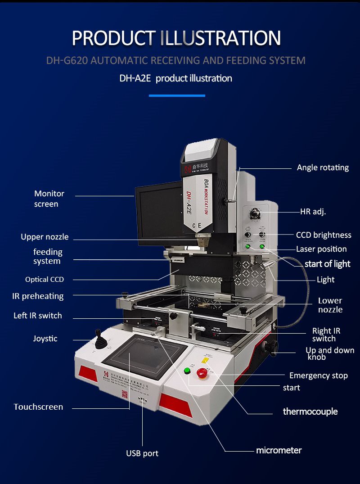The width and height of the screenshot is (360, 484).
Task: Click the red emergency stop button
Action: tap(201, 372)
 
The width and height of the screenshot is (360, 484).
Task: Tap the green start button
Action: tap(187, 371)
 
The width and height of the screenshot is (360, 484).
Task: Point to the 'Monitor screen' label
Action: tap(49, 199)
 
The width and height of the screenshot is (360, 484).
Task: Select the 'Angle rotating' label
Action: tap(323, 167)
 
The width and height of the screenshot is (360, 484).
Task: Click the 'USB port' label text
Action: tap(142, 453)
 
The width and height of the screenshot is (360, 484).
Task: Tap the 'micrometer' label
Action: tap(279, 450)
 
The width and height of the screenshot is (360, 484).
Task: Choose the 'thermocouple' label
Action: tap(310, 412)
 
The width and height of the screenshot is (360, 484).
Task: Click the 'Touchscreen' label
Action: tap(38, 407)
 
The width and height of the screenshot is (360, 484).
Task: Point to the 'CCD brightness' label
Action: tap(323, 235)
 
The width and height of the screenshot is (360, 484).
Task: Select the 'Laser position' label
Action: tap(321, 249)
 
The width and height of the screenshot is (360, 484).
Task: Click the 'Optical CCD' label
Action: tap(45, 280)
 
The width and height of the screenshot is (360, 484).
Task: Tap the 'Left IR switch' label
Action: tap(38, 316)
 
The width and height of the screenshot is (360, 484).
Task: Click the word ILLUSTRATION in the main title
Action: tap(220, 38)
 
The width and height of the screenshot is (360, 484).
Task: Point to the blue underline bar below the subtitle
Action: tap(177, 95)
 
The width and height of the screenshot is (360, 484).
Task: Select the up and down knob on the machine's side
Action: tap(273, 347)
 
